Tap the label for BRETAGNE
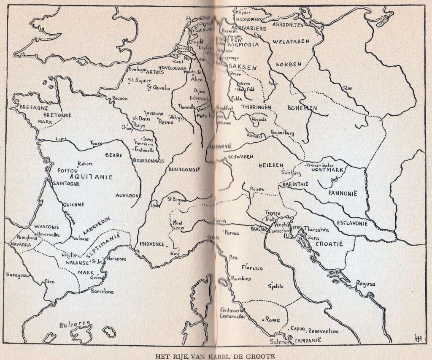34,108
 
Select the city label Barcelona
102,291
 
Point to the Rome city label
272,320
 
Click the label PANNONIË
343,193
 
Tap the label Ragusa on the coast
365,284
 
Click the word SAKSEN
243,67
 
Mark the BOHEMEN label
302,108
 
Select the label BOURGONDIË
184,169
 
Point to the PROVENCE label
152,244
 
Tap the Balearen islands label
75,325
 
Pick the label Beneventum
323,331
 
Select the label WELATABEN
291,41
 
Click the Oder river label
347,88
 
